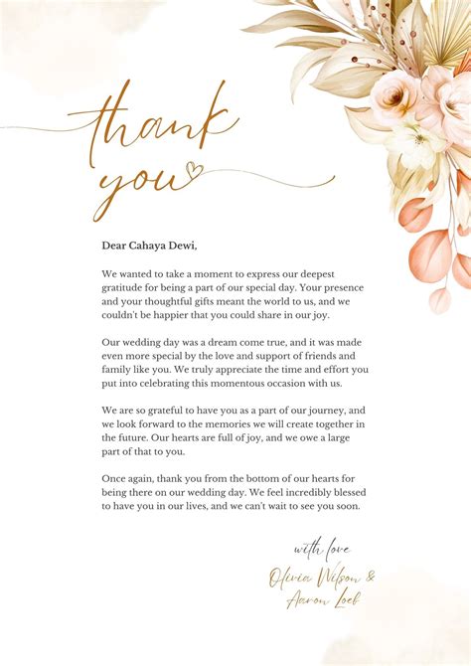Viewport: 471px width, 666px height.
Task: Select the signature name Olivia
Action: (289, 577)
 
